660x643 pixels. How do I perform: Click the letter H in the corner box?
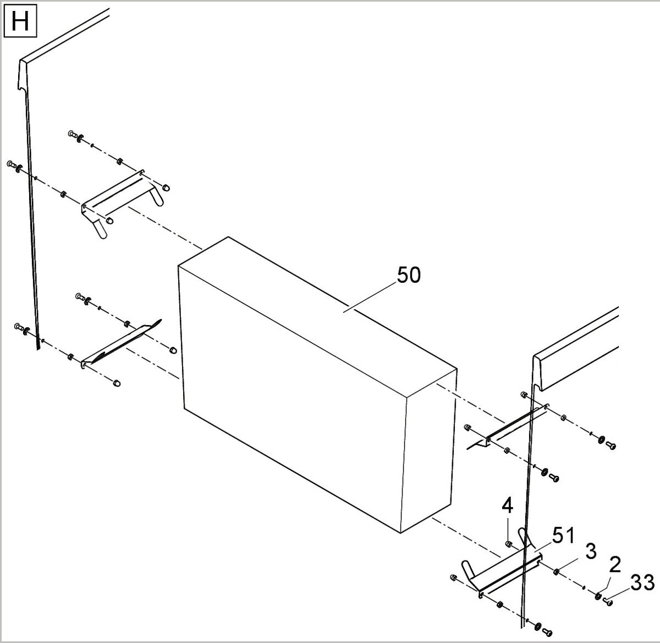[x=20, y=21]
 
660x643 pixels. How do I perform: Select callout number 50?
[x=409, y=274]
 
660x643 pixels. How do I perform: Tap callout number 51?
[x=563, y=536]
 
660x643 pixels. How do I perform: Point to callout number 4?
[x=508, y=507]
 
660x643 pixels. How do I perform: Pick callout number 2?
[x=615, y=565]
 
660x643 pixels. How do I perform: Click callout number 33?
[x=642, y=583]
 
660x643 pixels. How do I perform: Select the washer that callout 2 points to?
[x=598, y=596]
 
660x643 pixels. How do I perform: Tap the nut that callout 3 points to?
[x=556, y=573]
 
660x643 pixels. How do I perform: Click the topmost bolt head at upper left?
[x=71, y=134]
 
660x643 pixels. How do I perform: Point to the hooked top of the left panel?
[x=23, y=75]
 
